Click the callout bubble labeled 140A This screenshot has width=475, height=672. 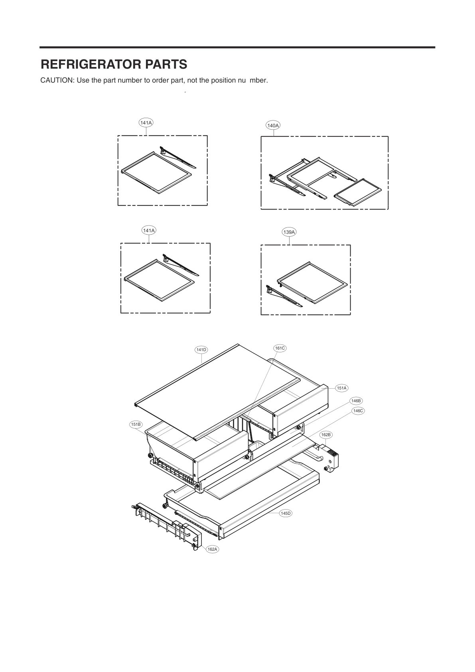click(x=273, y=125)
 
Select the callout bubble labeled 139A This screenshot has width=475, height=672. click(x=289, y=232)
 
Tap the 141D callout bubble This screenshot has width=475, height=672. click(x=201, y=350)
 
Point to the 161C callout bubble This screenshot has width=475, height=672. click(x=280, y=348)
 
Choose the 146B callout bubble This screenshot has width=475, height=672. click(x=356, y=401)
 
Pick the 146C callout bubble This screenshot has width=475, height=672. click(x=358, y=410)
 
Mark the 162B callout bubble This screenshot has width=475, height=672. click(x=326, y=434)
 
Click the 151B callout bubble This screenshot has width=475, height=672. click(x=136, y=425)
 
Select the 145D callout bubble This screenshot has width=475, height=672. click(x=285, y=513)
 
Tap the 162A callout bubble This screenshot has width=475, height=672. click(x=212, y=549)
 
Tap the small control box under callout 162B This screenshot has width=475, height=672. click(x=331, y=459)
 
